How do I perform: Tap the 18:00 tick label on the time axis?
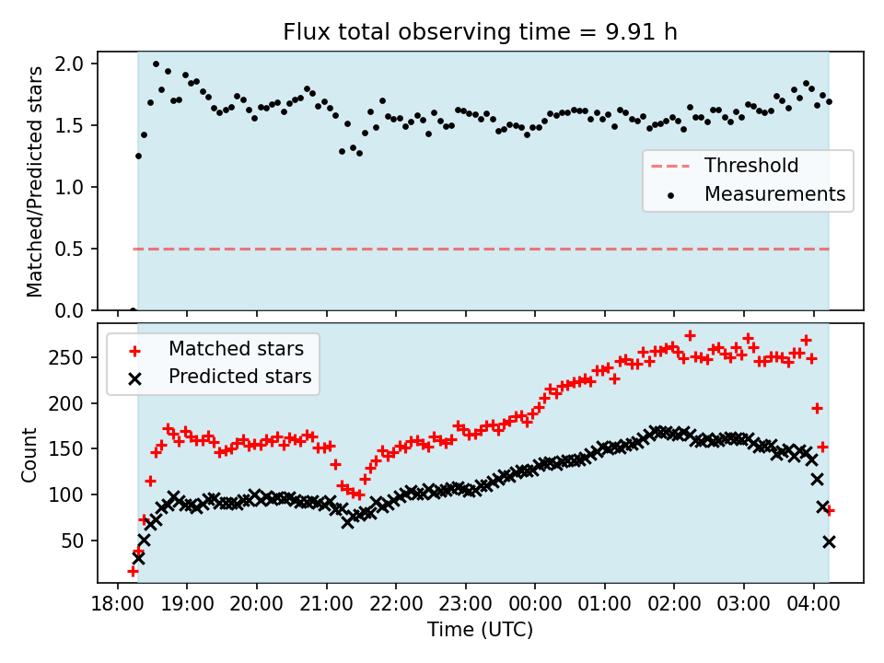118,604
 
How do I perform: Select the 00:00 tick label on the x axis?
535,604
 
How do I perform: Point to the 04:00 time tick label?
813,604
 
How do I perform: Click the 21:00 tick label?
326,604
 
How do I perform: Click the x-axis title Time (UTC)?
480,630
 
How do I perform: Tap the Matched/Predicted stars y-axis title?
35,181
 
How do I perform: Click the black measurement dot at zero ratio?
133,310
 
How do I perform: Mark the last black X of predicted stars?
829,541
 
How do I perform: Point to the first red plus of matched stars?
133,572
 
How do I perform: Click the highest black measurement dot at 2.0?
156,64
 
